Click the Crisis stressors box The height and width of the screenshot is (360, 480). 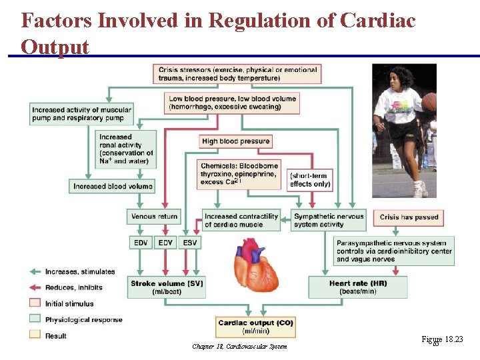(x=239, y=73)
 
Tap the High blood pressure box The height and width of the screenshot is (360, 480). (x=235, y=141)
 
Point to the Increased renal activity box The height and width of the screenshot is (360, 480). (x=127, y=149)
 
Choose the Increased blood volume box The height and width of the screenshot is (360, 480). (x=112, y=186)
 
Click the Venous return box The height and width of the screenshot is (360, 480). (x=153, y=216)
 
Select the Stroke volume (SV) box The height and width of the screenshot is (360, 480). (x=167, y=287)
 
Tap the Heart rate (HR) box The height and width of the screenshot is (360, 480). (x=358, y=287)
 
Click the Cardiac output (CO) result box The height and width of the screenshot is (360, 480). (x=255, y=327)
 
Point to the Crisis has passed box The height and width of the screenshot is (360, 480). (x=409, y=217)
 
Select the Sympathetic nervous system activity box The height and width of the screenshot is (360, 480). (x=329, y=220)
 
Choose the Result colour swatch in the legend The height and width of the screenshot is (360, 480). (x=35, y=335)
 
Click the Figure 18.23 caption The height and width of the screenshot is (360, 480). (x=443, y=340)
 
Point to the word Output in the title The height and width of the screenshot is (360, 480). (x=55, y=47)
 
